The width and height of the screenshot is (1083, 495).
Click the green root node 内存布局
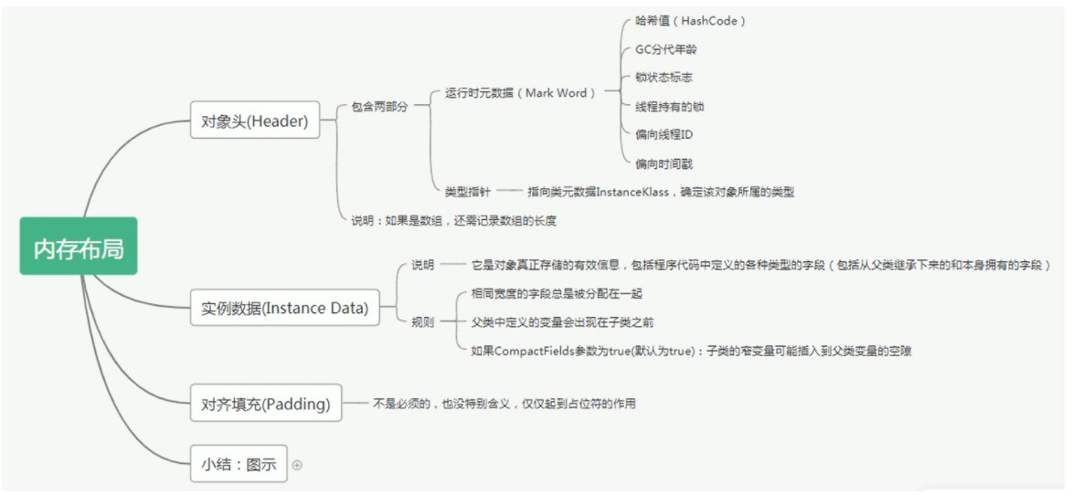pos(79,247)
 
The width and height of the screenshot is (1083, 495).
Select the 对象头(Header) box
pos(255,120)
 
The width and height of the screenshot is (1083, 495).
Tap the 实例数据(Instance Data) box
pos(284,309)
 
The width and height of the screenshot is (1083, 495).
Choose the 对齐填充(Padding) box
pos(265,403)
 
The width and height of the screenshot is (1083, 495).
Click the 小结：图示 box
pos(239,464)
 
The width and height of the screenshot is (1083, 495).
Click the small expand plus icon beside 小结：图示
pos(297,465)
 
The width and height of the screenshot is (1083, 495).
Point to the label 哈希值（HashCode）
pos(690,21)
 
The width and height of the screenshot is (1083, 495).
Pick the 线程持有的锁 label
pos(670,107)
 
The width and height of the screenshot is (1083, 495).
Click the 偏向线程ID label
pos(664,135)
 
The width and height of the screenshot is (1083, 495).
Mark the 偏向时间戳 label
pos(664,164)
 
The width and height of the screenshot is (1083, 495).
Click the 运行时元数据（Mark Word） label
pos(520,93)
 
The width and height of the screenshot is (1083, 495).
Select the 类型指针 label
pos(468,192)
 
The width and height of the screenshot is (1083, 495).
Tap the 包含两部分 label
pos(379,107)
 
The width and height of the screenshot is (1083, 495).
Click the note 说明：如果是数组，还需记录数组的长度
pos(454,220)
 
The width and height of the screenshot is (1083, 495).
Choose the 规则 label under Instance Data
pos(422,322)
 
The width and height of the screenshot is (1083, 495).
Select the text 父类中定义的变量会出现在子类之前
pos(562,322)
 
